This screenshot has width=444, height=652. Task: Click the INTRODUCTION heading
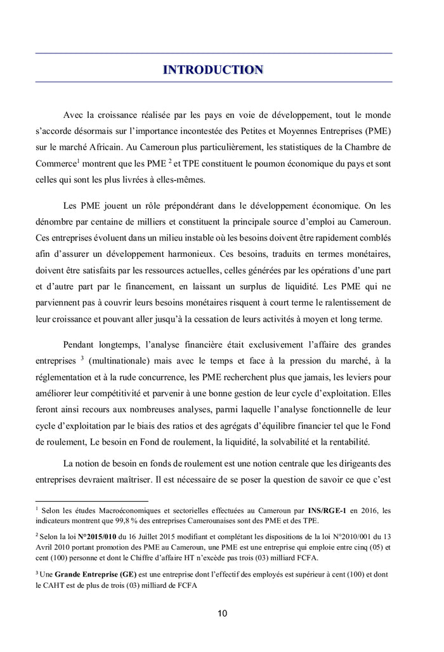pos(213,69)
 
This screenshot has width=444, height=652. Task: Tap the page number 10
pos(222,613)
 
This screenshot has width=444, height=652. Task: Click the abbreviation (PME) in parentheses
pos(377,131)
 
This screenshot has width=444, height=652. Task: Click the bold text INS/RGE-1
pos(327,510)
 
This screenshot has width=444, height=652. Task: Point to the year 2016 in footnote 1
pos(370,510)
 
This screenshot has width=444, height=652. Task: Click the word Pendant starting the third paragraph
pos(81,344)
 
